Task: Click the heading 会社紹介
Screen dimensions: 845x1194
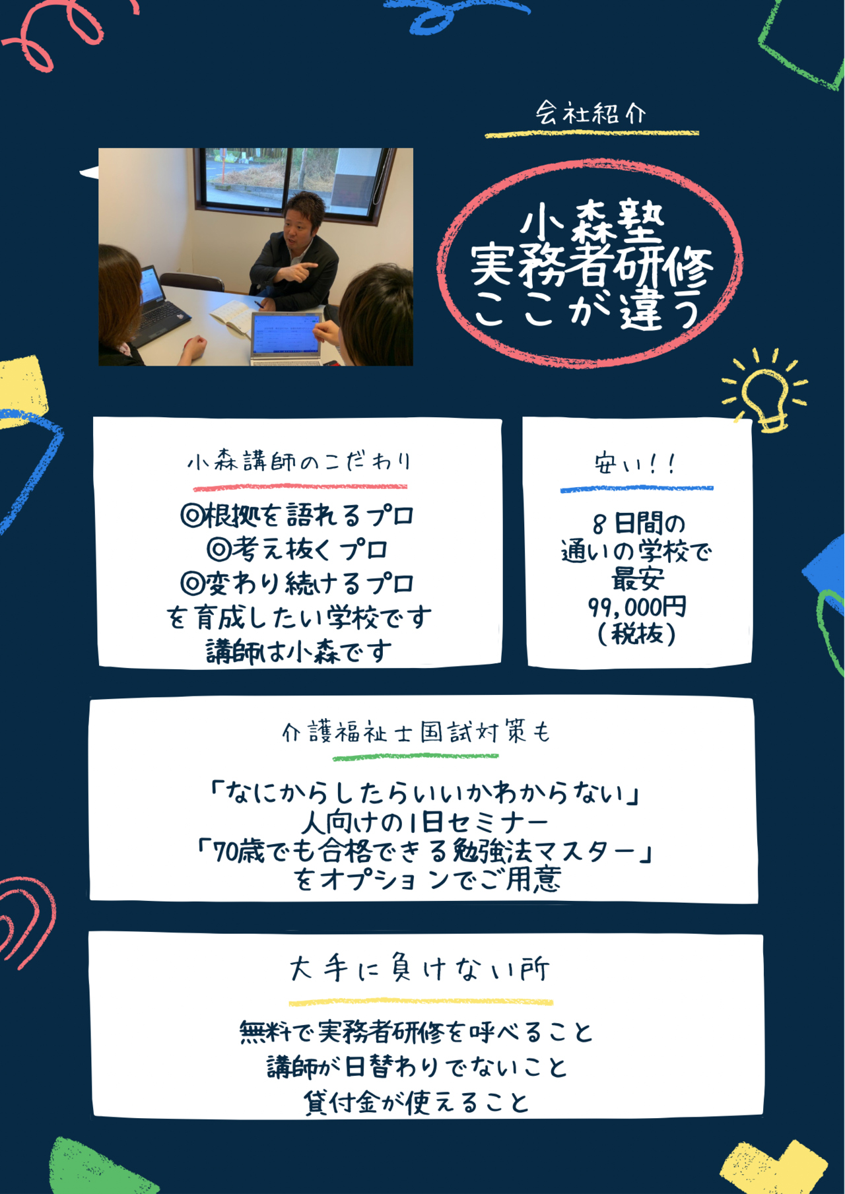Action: (x=590, y=113)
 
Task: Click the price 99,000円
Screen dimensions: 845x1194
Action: (x=638, y=607)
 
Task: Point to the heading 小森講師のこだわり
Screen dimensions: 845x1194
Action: (x=300, y=461)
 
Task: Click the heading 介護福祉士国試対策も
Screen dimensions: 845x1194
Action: (x=416, y=732)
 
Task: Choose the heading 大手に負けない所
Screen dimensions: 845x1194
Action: (x=420, y=969)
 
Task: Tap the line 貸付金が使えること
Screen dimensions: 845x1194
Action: (x=417, y=1102)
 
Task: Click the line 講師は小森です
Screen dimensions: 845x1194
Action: (x=299, y=651)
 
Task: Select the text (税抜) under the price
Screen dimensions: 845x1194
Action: (x=637, y=634)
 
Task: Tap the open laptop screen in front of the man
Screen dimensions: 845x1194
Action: (x=285, y=334)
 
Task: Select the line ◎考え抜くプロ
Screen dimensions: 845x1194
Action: (x=298, y=549)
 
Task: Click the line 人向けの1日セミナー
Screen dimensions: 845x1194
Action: (x=424, y=822)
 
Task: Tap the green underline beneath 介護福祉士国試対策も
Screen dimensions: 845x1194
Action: (x=415, y=756)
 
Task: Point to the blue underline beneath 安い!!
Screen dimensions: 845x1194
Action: (x=636, y=488)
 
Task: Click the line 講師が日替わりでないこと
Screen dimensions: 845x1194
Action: (x=417, y=1067)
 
